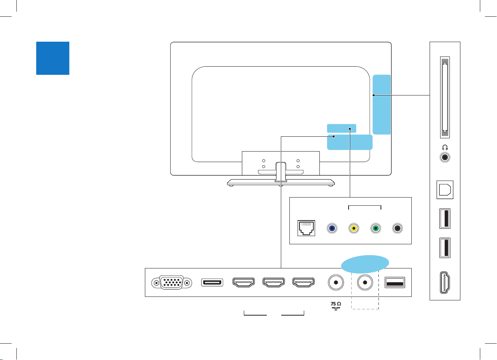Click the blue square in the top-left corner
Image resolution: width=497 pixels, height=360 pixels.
pos(53,58)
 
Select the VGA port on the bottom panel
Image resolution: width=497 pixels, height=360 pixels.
pos(172,282)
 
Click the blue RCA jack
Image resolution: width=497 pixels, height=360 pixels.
pos(331,228)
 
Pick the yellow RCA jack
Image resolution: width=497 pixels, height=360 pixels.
pos(353,228)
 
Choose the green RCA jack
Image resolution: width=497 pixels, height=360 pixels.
pos(375,228)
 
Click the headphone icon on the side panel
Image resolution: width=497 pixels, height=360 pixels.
pos(445,148)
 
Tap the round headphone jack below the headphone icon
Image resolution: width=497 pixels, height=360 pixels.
pos(445,157)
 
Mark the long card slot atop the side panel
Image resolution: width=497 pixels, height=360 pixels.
pos(444,97)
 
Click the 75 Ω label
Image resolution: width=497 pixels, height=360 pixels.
pos(335,305)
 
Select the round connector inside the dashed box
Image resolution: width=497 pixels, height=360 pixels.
pos(365,282)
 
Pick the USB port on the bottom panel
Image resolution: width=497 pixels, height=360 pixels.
pos(395,282)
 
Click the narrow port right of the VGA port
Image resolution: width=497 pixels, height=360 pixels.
pos(212,282)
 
